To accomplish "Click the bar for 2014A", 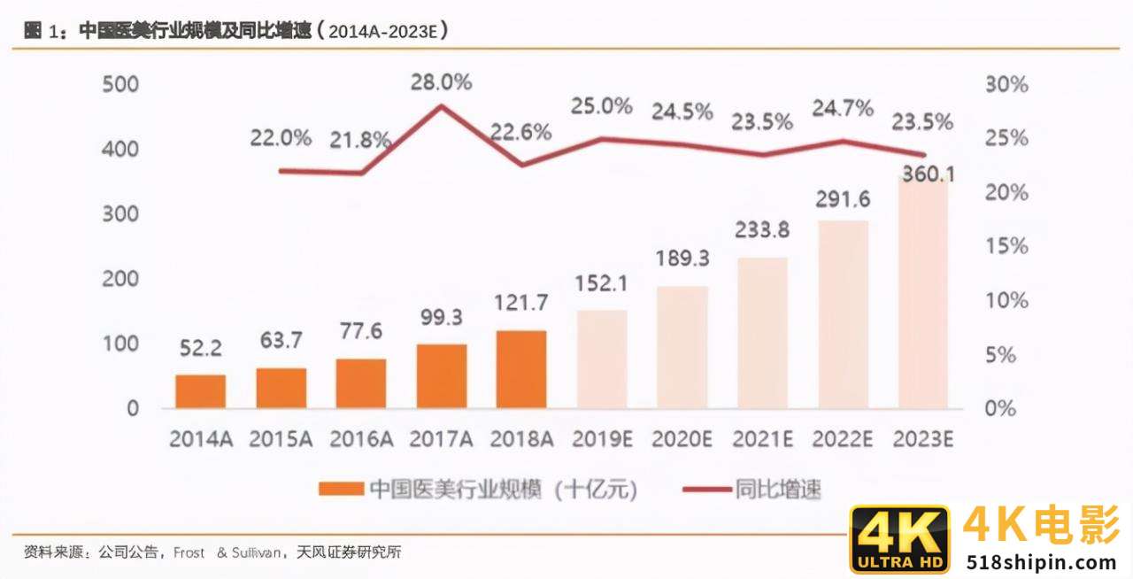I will tap(200, 391).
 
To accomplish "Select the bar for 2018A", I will tap(521, 369).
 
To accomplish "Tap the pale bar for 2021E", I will tap(762, 333).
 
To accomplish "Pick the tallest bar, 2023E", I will tap(923, 292).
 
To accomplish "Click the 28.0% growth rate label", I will tap(441, 82).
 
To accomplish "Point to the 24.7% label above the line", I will tap(843, 109).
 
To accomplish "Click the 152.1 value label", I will tap(601, 284).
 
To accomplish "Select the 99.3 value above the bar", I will tap(441, 318).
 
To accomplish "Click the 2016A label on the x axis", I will tap(360, 438).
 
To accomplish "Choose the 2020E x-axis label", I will tap(682, 438).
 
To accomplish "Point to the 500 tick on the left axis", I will tap(120, 84).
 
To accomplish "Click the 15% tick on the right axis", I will tap(1006, 246).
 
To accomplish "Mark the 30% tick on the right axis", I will tap(1006, 85).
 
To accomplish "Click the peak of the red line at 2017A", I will tap(441, 106).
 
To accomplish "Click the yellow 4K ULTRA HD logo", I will tap(899, 539).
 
